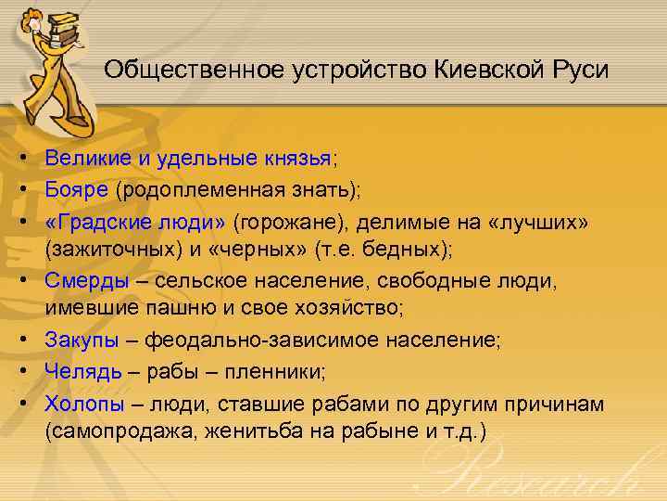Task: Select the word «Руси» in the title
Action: [x=582, y=71]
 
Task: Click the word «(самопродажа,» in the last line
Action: [x=118, y=432]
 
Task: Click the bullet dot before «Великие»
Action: [x=21, y=159]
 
